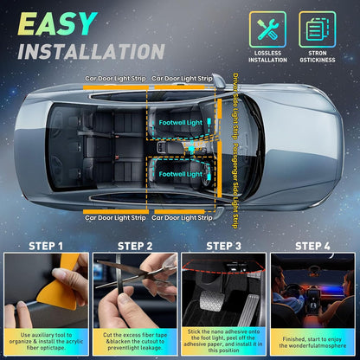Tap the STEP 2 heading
point(134,246)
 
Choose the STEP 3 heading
point(224,246)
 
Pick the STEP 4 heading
point(313,246)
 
